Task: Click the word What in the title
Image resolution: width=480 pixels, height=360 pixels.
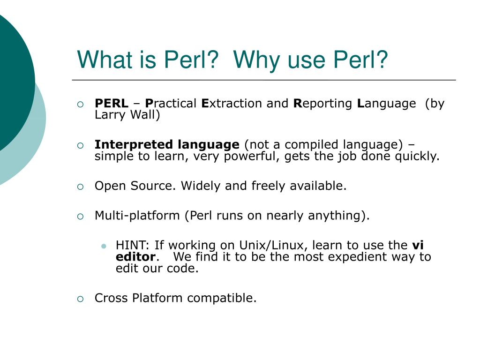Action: (100, 60)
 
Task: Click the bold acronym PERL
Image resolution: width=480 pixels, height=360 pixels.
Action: (111, 104)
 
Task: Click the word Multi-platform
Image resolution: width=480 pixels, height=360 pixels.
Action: (137, 216)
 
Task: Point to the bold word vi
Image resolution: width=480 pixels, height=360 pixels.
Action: (418, 245)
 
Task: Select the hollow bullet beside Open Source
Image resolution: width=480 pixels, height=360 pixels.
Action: (80, 187)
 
